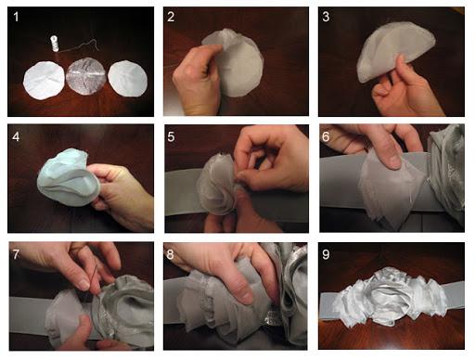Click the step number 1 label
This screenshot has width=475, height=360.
[16, 17]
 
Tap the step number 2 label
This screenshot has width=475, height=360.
[171, 17]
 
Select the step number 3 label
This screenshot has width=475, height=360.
[326, 17]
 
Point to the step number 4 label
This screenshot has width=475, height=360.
[16, 136]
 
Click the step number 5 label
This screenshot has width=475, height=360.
[171, 136]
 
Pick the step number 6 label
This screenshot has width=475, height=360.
[326, 136]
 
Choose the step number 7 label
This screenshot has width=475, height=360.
[16, 254]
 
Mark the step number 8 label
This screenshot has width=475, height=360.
[170, 254]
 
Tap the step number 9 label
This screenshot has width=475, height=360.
[326, 254]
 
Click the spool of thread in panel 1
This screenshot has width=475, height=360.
[54, 45]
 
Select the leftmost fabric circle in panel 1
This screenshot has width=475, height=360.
[44, 81]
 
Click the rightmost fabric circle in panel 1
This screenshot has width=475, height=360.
[127, 79]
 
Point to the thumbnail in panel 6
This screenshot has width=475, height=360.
[393, 161]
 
